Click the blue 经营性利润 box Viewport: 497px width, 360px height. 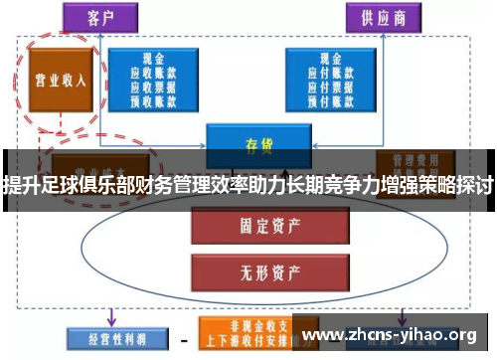tap(110, 337)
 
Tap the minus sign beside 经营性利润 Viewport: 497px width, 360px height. tap(183, 338)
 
